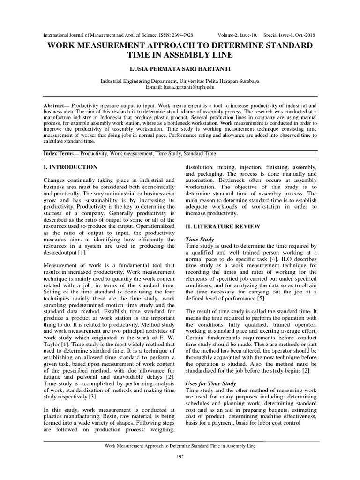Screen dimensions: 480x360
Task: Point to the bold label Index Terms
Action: pyautogui.click(x=60, y=154)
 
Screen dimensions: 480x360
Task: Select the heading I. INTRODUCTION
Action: pyautogui.click(x=70, y=167)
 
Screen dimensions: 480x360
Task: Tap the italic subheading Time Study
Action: pyautogui.click(x=200, y=240)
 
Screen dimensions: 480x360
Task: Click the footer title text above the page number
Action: pyautogui.click(x=180, y=446)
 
